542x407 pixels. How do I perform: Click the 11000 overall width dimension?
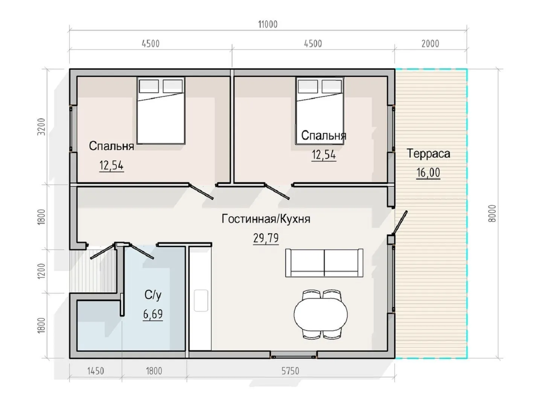click(x=268, y=24)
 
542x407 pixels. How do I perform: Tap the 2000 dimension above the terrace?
click(x=430, y=44)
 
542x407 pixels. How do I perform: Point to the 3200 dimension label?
click(x=41, y=127)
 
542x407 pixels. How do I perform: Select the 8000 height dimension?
click(x=492, y=214)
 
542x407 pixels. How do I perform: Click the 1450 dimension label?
click(x=96, y=371)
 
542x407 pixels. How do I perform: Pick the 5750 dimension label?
click(x=290, y=371)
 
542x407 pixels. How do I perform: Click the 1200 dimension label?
click(x=41, y=271)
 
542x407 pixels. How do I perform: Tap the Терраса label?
click(x=428, y=153)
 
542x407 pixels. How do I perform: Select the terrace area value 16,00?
click(x=428, y=173)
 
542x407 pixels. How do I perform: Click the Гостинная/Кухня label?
click(x=266, y=219)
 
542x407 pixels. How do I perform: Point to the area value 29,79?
click(x=266, y=238)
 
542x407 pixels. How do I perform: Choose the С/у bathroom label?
click(x=153, y=295)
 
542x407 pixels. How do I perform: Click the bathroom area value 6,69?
click(x=153, y=314)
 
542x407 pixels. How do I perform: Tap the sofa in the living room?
click(x=324, y=263)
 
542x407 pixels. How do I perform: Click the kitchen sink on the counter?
click(x=201, y=300)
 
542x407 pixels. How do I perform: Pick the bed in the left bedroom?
click(x=161, y=110)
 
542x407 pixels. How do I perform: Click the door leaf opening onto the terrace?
click(x=400, y=222)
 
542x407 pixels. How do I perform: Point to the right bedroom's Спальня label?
click(x=323, y=136)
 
